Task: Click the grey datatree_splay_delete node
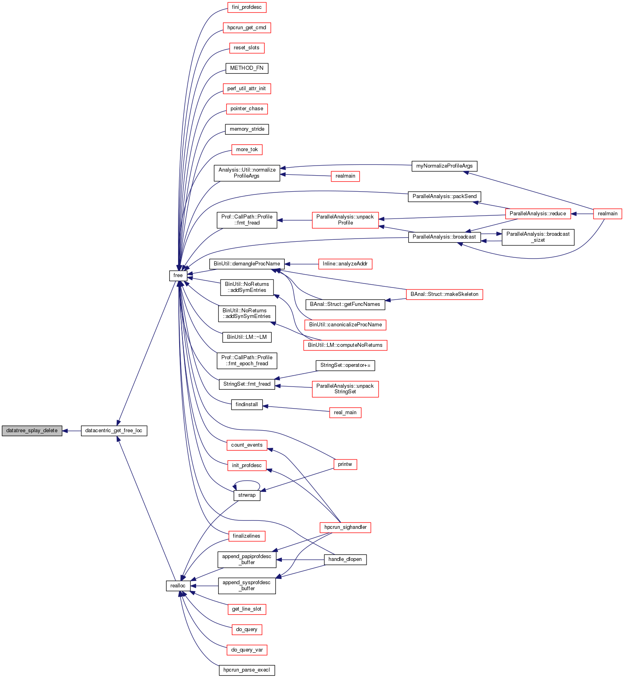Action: (32, 431)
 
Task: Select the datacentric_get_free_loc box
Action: (114, 431)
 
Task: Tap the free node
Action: (178, 275)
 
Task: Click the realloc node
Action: (178, 586)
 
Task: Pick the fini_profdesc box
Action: (247, 7)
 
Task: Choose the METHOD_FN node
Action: (247, 68)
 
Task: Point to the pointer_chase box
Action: (247, 109)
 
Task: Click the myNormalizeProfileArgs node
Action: (444, 166)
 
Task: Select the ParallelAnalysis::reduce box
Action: (537, 214)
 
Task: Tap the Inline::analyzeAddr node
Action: (345, 264)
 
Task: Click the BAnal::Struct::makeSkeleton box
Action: (444, 294)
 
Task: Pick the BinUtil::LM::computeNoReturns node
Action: (345, 345)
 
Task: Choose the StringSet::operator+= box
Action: (345, 365)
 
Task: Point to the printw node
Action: (345, 464)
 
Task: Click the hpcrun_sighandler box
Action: (345, 527)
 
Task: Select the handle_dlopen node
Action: (345, 559)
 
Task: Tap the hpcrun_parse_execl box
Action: (247, 670)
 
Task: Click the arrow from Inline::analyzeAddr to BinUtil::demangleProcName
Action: (301, 264)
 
